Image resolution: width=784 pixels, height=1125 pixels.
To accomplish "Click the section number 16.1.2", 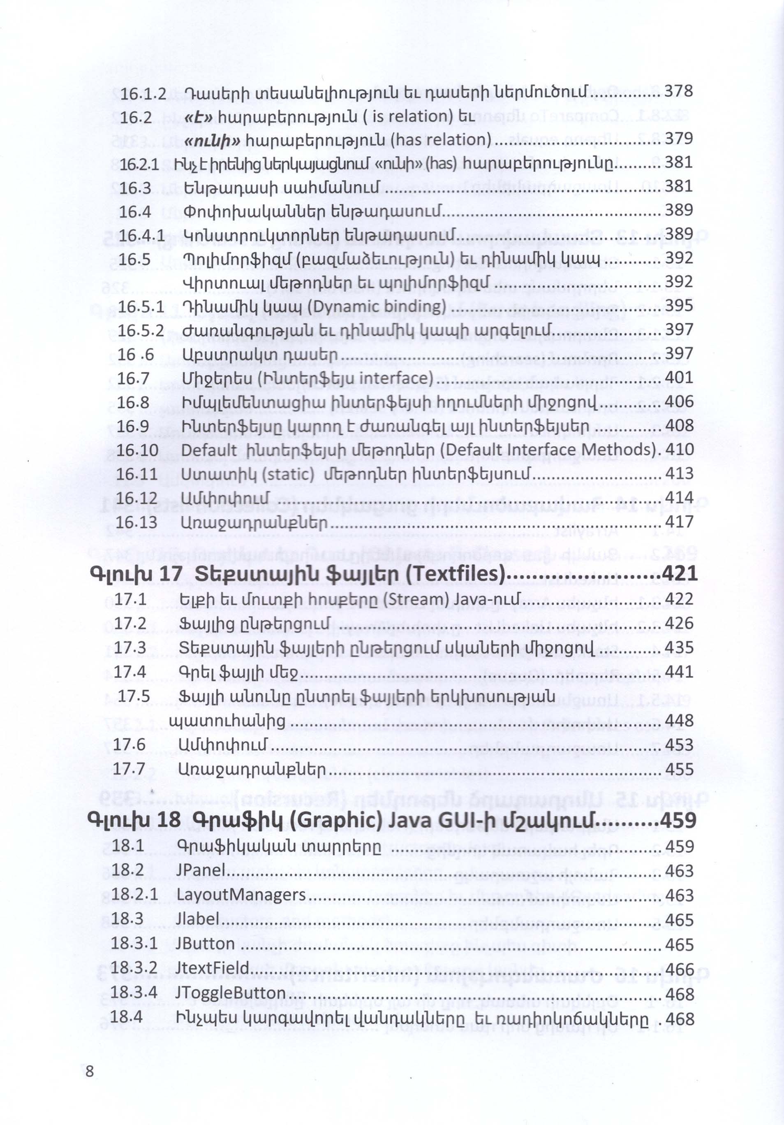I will point(143,93).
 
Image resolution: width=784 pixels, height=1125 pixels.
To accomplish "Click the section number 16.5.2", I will point(141,331).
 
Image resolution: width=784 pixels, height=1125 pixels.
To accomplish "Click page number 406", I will point(679,402).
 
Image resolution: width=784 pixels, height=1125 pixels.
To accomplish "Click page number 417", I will point(679,522).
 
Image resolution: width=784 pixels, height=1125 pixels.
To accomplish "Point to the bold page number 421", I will point(679,574).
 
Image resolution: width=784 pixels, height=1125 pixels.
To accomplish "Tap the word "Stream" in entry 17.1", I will point(419,599).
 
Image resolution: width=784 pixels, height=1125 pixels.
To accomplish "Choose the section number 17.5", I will point(133,696).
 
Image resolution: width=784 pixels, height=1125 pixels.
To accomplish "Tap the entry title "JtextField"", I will point(213,968).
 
